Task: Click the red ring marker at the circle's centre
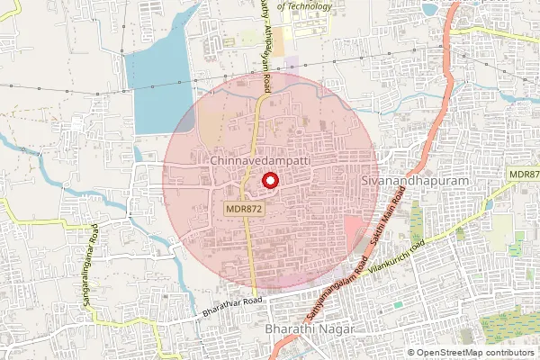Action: pyautogui.click(x=269, y=182)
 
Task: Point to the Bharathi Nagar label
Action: pyautogui.click(x=305, y=330)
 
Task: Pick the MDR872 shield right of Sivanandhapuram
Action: pyautogui.click(x=523, y=174)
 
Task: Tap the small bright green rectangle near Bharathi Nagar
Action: pyautogui.click(x=397, y=304)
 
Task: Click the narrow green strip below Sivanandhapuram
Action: pyautogui.click(x=416, y=220)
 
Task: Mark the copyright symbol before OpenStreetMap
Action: pyautogui.click(x=411, y=352)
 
